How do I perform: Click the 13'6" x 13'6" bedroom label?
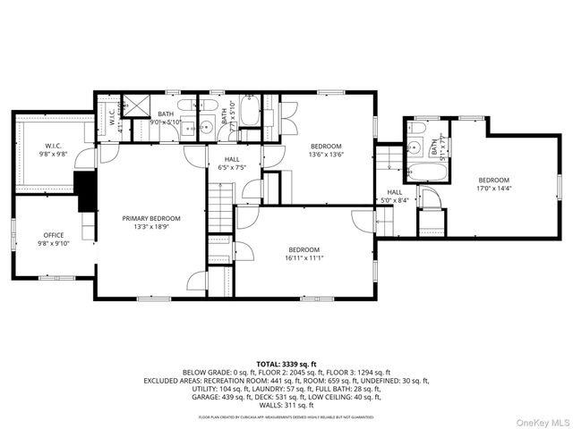tap(326, 149)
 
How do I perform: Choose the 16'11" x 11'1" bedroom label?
tap(304, 254)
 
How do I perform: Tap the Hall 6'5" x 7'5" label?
tap(231, 163)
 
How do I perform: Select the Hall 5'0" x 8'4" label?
tap(395, 197)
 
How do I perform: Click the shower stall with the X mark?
tap(137, 105)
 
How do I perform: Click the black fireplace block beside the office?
tap(86, 189)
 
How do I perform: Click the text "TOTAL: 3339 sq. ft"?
tap(286, 365)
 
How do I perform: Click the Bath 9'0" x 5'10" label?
tap(167, 118)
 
